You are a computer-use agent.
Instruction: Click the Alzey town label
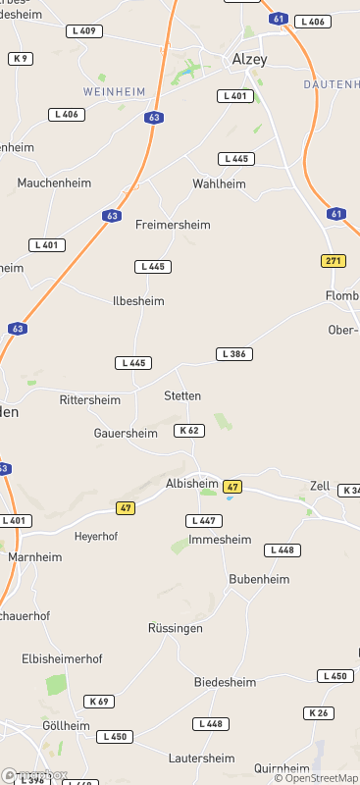249,60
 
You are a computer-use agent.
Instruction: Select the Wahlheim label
218,183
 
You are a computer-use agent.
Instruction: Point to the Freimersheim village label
173,225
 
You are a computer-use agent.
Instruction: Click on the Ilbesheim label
138,301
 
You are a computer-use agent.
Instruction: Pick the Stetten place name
182,395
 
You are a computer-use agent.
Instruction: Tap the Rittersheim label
90,400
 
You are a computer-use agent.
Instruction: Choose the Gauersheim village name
125,433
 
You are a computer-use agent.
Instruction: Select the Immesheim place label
220,540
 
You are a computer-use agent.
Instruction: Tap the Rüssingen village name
176,628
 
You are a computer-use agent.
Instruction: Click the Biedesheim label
225,682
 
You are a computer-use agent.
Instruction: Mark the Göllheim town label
66,725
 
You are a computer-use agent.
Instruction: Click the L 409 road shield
84,31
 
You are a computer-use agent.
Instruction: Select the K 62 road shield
190,430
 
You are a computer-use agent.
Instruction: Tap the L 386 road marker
234,353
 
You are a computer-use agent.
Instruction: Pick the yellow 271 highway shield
334,260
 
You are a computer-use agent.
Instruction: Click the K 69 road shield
98,701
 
